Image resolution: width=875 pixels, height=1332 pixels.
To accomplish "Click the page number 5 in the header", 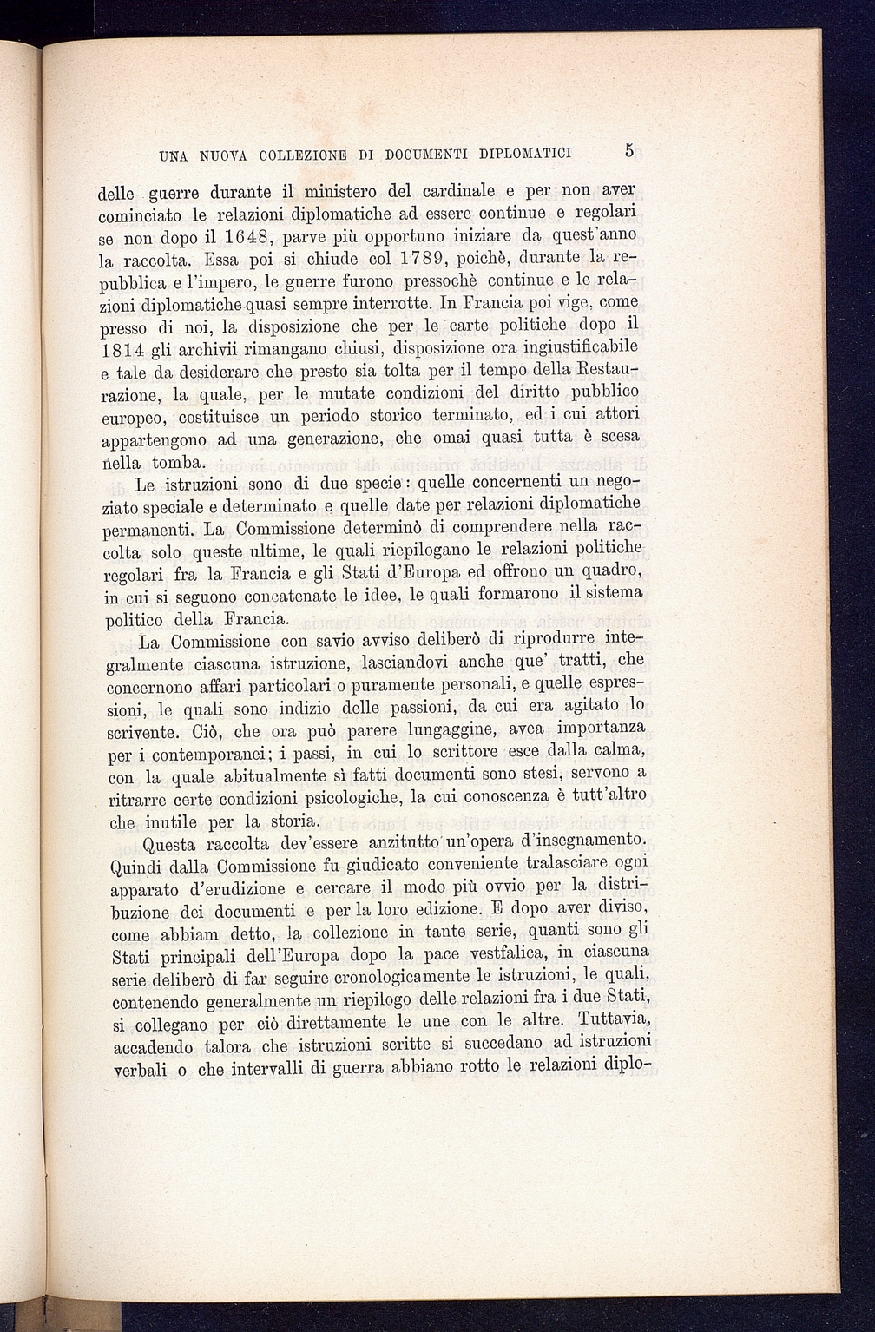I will tap(629, 150).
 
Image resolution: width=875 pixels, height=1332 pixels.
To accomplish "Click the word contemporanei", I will tap(216, 753).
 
